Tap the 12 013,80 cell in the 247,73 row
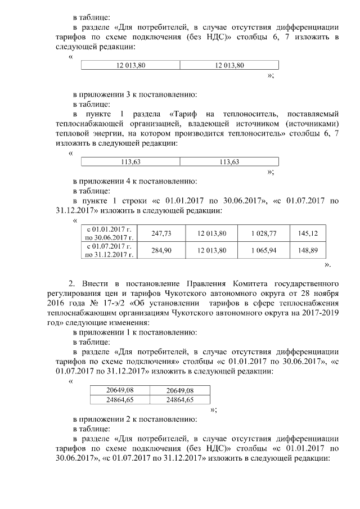point(212,233)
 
